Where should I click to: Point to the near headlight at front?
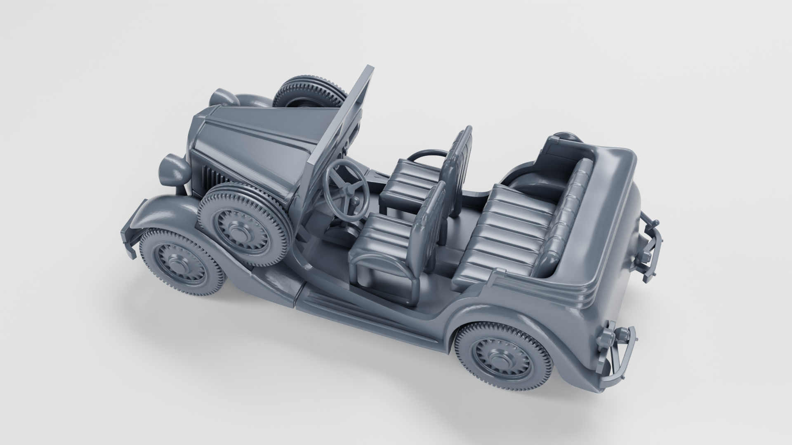coord(174,170)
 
